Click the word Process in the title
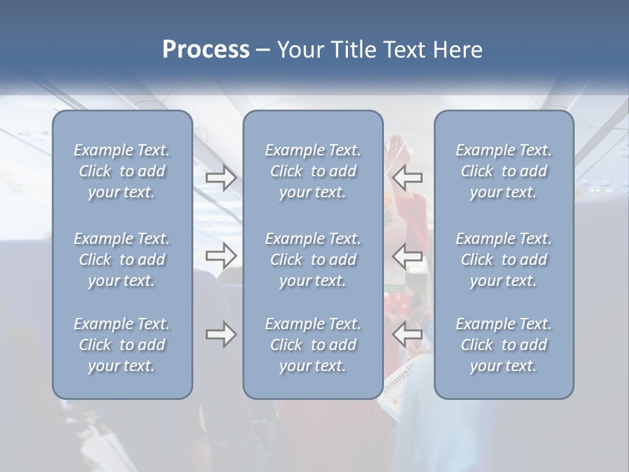click(206, 50)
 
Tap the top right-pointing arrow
click(221, 178)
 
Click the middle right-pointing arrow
click(221, 256)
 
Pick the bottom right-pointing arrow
click(221, 334)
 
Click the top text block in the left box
click(122, 171)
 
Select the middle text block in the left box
click(122, 260)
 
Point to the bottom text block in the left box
click(122, 345)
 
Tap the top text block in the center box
click(313, 171)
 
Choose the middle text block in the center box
click(313, 260)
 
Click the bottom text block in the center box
click(313, 345)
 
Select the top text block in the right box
click(504, 171)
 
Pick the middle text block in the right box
click(504, 260)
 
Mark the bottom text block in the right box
click(504, 345)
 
